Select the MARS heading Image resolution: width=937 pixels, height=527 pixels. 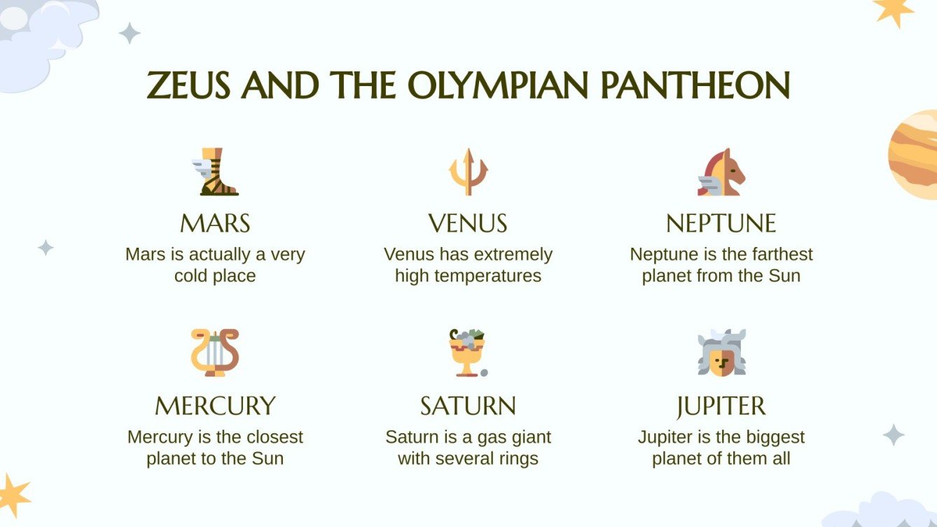click(x=215, y=224)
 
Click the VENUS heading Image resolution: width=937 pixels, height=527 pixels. click(x=468, y=224)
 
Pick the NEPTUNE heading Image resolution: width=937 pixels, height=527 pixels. click(x=721, y=224)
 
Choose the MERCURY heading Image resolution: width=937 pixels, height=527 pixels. click(x=215, y=406)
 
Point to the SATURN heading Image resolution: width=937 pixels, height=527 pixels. click(x=468, y=406)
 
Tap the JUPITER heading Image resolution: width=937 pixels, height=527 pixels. click(x=721, y=406)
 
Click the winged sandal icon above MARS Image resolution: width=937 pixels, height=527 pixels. click(x=216, y=172)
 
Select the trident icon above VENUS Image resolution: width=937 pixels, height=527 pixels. click(x=468, y=171)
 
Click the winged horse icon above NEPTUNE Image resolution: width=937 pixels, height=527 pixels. click(x=721, y=172)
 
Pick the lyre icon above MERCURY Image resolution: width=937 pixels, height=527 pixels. click(x=215, y=353)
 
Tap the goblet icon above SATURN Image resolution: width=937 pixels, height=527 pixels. click(x=468, y=352)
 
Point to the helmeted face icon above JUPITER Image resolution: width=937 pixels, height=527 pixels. click(x=721, y=353)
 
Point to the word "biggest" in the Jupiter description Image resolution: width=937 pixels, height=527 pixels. click(x=773, y=437)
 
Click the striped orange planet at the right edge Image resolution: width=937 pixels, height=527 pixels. click(x=915, y=155)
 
